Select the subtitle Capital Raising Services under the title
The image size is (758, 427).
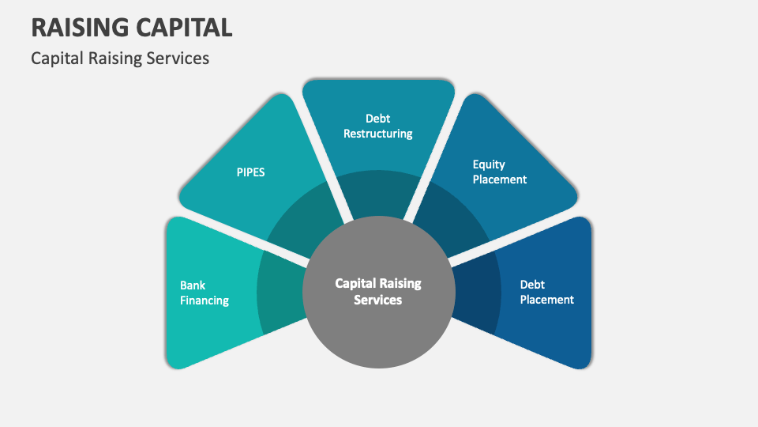(120, 59)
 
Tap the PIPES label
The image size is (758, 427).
(250, 172)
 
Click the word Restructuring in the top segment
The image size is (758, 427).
(378, 134)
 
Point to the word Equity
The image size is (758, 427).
(489, 164)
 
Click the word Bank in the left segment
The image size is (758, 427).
(193, 285)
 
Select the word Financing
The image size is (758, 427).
(205, 300)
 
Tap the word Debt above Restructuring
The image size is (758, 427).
(378, 119)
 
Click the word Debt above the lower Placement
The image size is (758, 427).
(532, 285)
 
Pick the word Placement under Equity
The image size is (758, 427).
(500, 179)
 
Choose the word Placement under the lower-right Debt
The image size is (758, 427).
(547, 300)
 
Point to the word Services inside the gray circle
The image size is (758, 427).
(378, 300)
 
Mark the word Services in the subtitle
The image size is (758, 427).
(178, 59)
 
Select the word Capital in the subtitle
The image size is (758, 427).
(56, 59)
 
